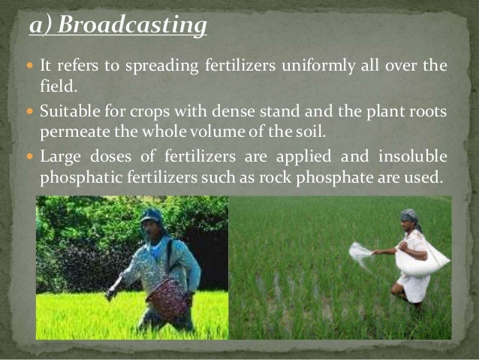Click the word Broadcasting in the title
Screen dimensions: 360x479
tap(131, 26)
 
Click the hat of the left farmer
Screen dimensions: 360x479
tap(151, 216)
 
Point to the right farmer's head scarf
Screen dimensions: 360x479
tap(408, 215)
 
